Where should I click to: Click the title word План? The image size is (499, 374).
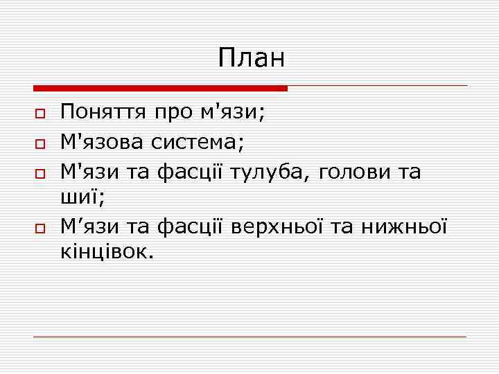point(251,58)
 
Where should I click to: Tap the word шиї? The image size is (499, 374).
point(82,199)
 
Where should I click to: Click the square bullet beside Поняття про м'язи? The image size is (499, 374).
point(40,113)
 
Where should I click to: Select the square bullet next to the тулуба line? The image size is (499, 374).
point(40,172)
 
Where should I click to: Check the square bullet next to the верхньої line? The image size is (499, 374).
point(40,227)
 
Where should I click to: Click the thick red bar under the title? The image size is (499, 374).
point(160,89)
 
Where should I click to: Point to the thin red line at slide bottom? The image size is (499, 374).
point(249,337)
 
